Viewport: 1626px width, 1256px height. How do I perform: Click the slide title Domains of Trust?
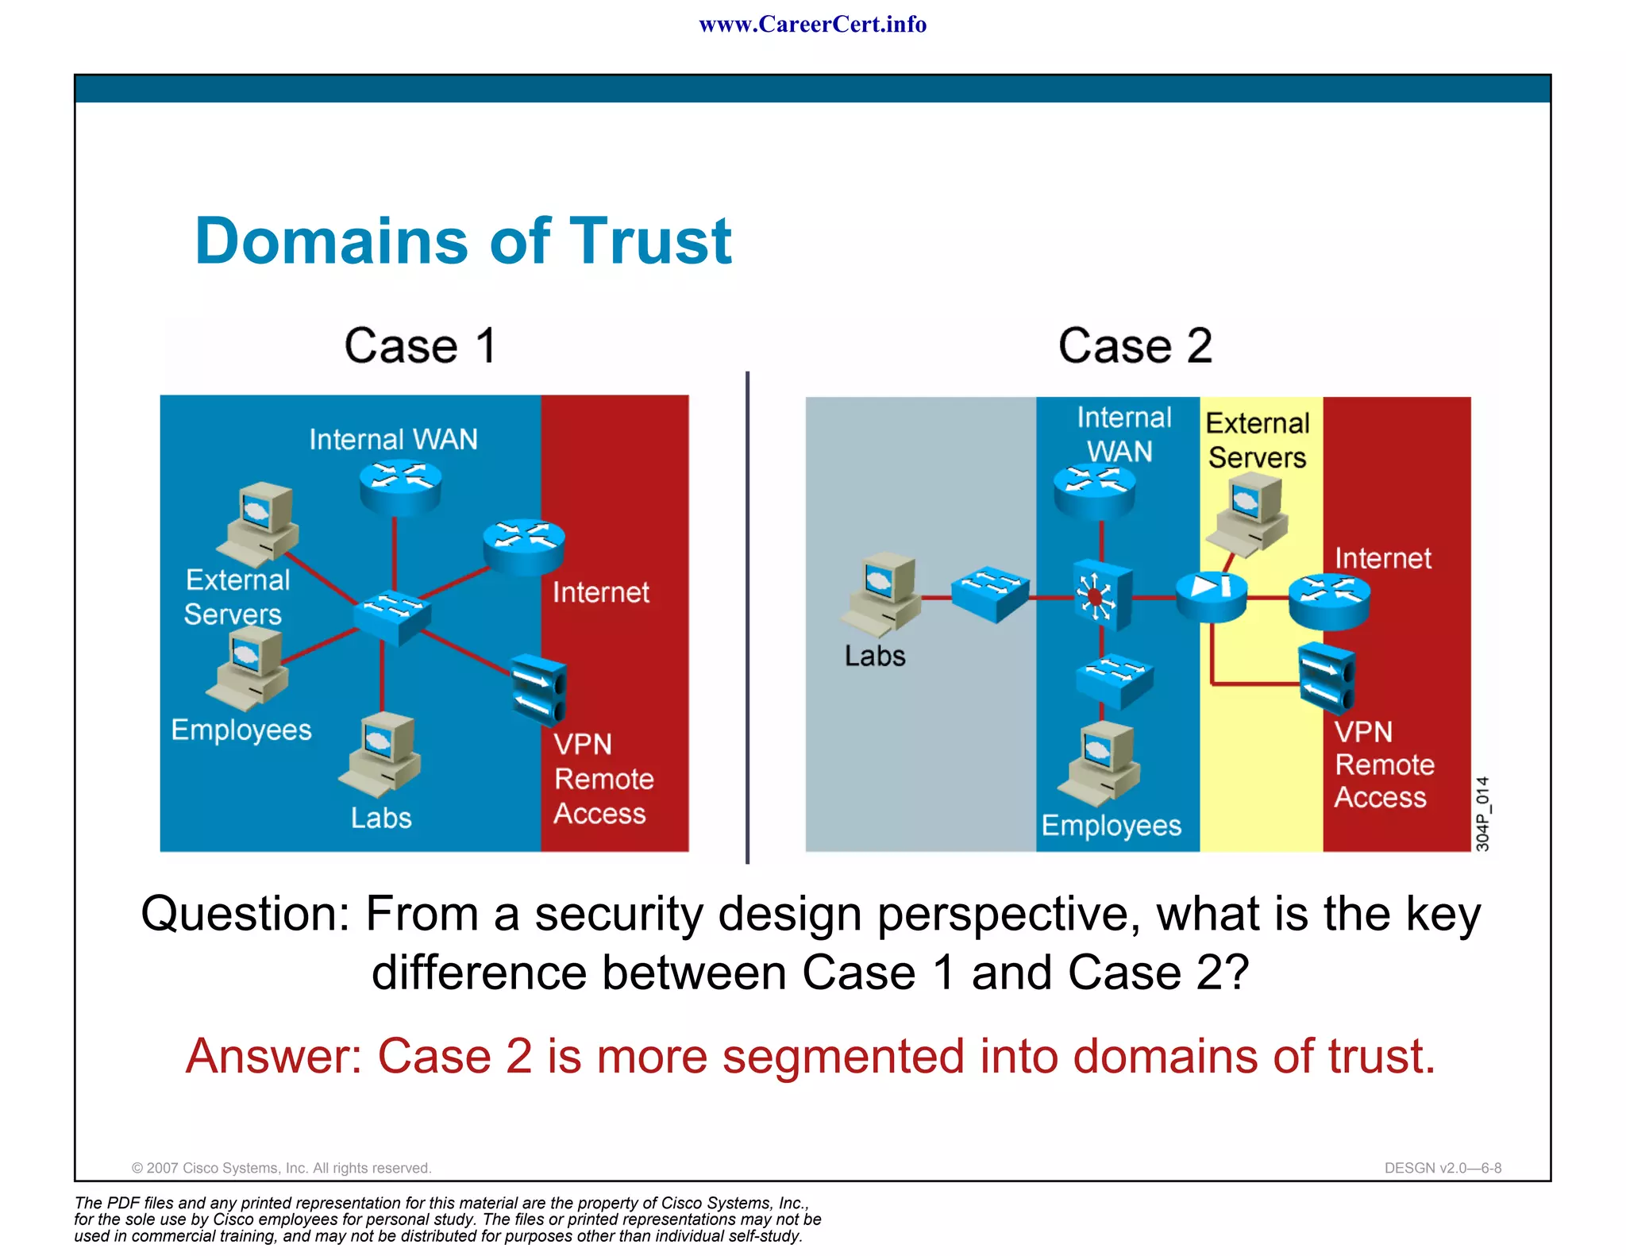click(463, 241)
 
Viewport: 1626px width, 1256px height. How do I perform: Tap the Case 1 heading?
click(420, 346)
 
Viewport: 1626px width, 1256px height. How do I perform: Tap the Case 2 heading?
click(1135, 346)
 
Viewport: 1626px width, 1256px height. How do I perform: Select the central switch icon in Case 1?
click(392, 616)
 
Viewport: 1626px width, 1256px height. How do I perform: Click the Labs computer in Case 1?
click(380, 755)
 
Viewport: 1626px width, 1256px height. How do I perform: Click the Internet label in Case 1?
click(600, 592)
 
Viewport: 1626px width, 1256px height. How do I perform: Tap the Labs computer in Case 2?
click(882, 595)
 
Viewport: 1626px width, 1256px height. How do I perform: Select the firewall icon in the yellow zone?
click(1211, 596)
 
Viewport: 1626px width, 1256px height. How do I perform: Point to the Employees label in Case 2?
click(1111, 826)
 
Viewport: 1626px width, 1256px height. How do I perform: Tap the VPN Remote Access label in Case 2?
click(1382, 765)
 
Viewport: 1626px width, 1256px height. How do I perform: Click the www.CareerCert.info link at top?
click(812, 25)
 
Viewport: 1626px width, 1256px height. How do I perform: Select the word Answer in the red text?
click(273, 1057)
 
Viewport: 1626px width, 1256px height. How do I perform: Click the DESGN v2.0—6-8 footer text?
click(1442, 1168)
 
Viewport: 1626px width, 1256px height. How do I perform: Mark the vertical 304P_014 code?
click(1482, 814)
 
